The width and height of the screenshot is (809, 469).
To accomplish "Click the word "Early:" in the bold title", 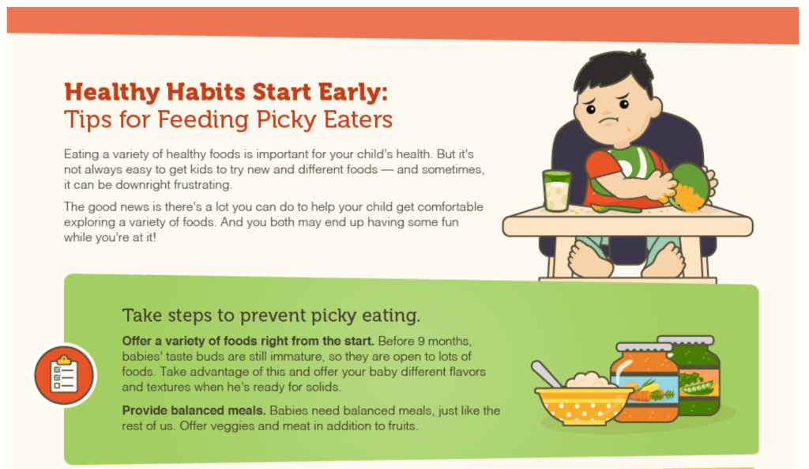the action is pos(352,93).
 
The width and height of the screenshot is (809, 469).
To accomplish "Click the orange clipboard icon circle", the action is pos(64,376).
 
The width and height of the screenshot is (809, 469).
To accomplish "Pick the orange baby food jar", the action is pos(645,382).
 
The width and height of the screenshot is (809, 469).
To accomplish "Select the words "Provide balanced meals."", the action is pos(194,410).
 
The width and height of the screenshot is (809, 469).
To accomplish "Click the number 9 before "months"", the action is pos(421,342).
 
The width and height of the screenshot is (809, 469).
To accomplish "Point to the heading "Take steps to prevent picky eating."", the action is pos(271,315).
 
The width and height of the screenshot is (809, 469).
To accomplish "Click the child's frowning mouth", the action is pos(609,120).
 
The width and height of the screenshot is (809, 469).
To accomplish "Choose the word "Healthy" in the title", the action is pos(112,93).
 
